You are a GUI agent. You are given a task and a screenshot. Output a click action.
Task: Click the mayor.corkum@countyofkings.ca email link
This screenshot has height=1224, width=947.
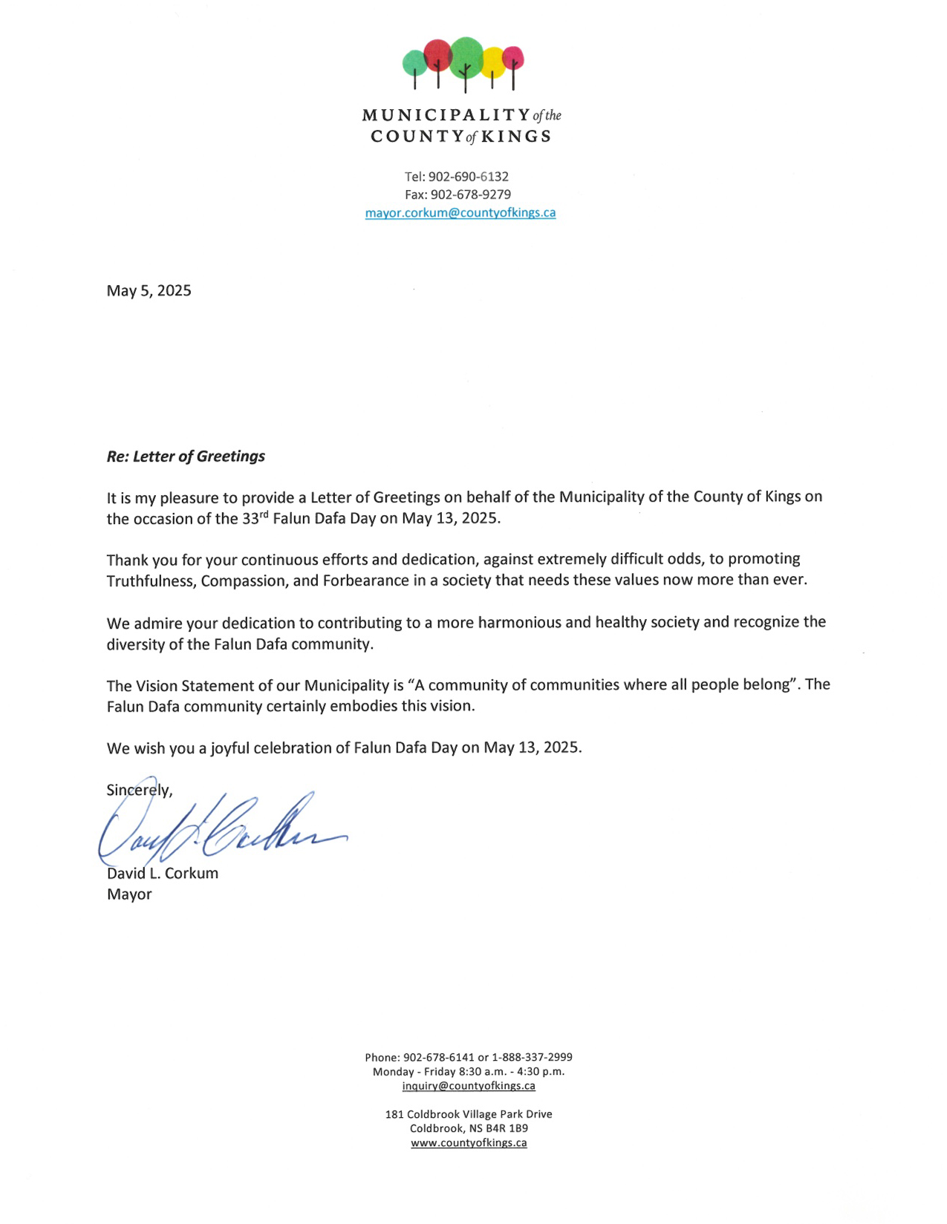tap(460, 213)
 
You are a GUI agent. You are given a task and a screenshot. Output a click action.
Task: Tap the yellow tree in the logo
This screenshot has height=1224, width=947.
tap(492, 62)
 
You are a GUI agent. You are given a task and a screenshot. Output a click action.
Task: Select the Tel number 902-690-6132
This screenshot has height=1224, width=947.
tap(468, 177)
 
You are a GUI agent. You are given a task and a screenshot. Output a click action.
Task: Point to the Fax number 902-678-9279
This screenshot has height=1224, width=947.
tap(470, 194)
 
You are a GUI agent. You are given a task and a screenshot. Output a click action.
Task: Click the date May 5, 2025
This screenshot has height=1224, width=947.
tap(149, 290)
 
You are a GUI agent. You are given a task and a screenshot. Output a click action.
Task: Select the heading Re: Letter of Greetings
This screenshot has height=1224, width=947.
tap(186, 456)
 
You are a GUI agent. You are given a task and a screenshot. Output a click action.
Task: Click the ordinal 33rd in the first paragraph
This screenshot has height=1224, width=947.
tap(255, 517)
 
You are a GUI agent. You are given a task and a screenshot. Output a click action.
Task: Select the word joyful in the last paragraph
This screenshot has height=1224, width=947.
tap(230, 747)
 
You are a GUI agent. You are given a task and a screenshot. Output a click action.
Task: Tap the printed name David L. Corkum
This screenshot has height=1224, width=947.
tap(162, 874)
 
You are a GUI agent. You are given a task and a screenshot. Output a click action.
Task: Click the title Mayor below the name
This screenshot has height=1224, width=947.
tap(129, 894)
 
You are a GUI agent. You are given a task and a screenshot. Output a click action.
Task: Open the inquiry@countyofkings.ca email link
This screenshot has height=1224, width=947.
tap(469, 1086)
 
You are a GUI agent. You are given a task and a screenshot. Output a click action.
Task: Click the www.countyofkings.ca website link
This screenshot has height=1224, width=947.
tap(469, 1143)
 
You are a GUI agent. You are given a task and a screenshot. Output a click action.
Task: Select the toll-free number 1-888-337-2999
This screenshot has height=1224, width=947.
tap(532, 1057)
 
